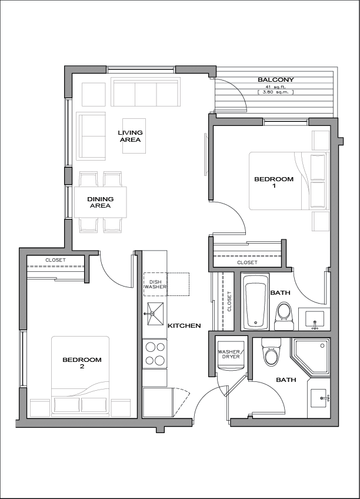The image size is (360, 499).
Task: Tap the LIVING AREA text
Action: (x=131, y=136)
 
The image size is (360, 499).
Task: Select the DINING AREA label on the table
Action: (x=100, y=202)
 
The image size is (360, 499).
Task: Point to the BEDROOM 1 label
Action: (x=274, y=182)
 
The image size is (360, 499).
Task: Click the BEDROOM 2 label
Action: (x=82, y=363)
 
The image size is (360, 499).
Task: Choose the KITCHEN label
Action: (x=184, y=325)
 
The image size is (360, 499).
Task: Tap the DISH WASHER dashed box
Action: (x=155, y=284)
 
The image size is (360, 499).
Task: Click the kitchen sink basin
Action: (x=155, y=314)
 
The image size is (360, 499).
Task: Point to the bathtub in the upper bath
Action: (x=256, y=302)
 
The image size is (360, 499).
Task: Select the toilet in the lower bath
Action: (x=271, y=352)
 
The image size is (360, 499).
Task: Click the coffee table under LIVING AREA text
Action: (x=134, y=136)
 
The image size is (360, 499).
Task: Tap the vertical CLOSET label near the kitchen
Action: (x=229, y=301)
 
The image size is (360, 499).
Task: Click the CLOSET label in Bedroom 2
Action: (x=56, y=260)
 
